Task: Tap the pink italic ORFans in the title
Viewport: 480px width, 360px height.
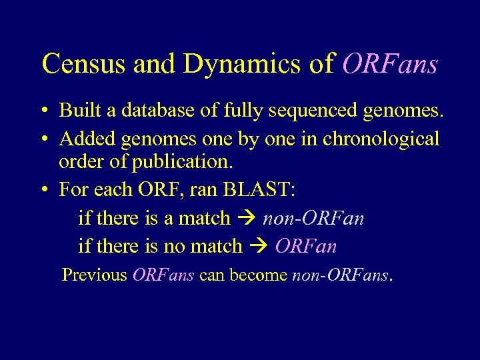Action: click(x=390, y=64)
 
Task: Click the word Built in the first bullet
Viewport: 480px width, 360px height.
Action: click(x=77, y=110)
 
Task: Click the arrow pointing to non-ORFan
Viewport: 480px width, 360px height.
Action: click(x=246, y=219)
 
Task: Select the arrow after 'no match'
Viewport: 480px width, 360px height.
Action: click(x=258, y=247)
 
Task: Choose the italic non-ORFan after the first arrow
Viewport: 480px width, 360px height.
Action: click(x=313, y=218)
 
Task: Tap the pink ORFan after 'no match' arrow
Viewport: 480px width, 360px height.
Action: click(x=305, y=246)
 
